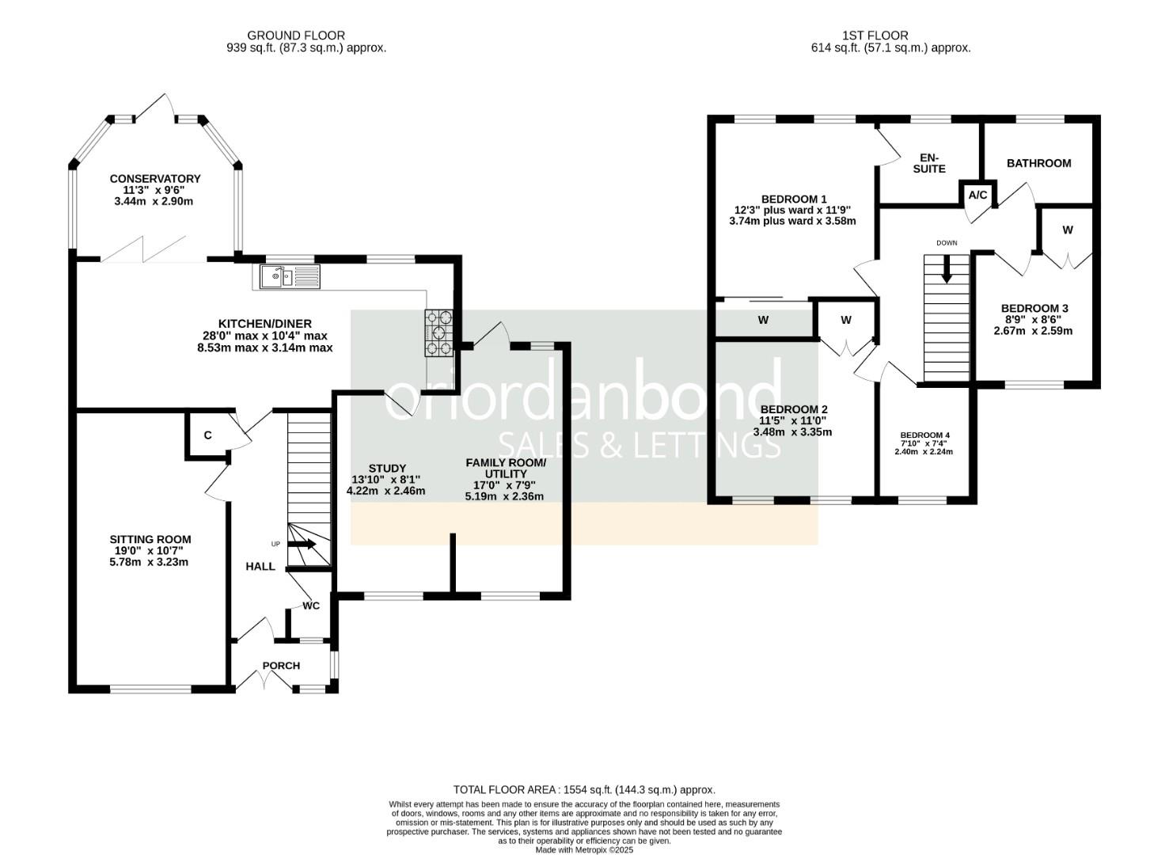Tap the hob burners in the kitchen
439,333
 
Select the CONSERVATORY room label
155,178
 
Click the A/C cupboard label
977,196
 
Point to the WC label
311,606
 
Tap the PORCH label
281,666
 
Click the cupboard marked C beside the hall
207,435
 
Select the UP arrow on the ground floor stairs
302,544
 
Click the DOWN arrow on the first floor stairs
946,269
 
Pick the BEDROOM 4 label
924,435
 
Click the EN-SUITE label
929,163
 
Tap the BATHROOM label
1038,163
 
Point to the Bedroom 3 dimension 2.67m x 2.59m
1034,331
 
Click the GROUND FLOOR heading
296,36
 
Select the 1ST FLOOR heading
875,36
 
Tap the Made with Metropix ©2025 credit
584,849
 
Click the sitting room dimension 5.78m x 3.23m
149,562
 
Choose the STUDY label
387,468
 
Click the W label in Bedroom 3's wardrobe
1068,230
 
